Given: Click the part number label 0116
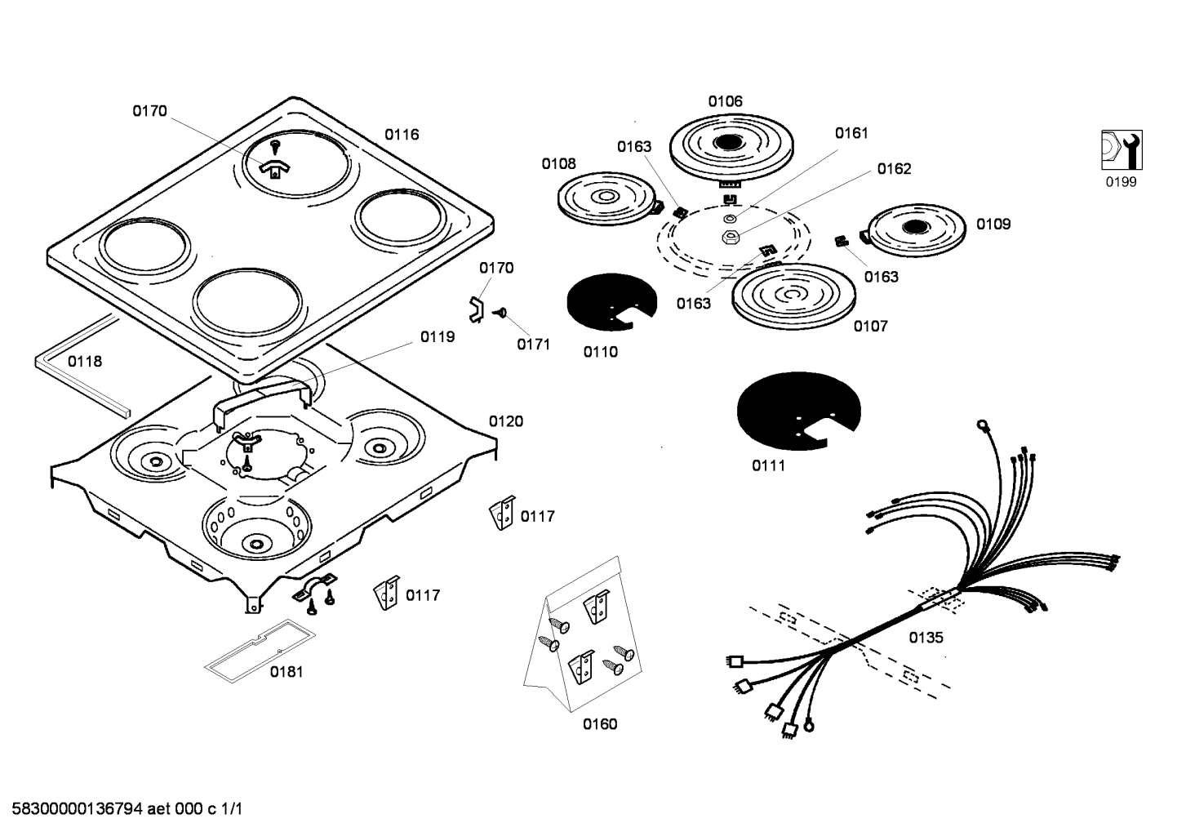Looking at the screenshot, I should click(x=402, y=135).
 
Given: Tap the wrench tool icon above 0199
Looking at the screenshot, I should click(x=1121, y=150).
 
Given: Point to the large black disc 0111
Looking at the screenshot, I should click(x=797, y=410).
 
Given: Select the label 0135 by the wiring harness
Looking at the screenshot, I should click(x=926, y=638).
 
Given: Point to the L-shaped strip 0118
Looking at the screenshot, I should click(x=82, y=372).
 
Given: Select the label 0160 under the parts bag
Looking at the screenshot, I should click(x=600, y=724).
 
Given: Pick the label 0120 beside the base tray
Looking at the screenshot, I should click(x=506, y=421).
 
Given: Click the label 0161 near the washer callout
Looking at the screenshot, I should click(x=851, y=133).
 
